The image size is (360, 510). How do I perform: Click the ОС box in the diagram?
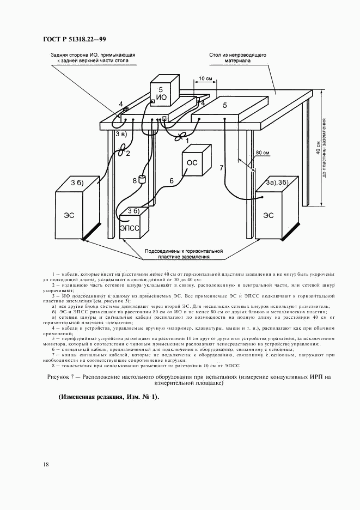(x=193, y=162)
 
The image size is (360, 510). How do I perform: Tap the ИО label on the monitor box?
(x=161, y=98)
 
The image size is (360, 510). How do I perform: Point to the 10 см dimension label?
(x=205, y=78)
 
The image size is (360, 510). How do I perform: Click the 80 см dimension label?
(x=263, y=153)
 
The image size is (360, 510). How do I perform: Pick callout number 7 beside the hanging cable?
(x=222, y=168)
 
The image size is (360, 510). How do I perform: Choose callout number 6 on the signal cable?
(x=171, y=180)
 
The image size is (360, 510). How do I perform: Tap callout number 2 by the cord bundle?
(x=128, y=153)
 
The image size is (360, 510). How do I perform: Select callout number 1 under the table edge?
(x=187, y=141)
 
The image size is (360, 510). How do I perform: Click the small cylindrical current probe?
(x=143, y=179)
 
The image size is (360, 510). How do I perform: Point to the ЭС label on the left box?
(x=69, y=215)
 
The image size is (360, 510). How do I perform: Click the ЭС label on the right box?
(x=269, y=215)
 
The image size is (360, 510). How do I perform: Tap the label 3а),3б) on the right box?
(x=278, y=182)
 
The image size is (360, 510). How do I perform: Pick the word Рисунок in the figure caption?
(x=58, y=377)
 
